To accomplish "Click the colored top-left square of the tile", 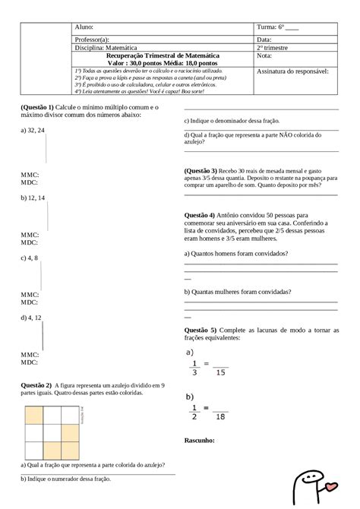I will point(35,415).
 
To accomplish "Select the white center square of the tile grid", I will point(52,432).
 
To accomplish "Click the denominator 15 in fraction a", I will point(221,372).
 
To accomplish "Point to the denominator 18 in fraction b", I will point(221,416).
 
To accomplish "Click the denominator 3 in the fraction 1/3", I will point(194,372).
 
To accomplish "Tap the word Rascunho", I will point(200,440).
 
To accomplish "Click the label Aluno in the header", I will point(83,27).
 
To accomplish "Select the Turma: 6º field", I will point(278,27).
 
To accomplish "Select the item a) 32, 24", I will point(33,131).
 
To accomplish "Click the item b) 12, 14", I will point(33,198).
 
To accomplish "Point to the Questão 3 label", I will point(201,171).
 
